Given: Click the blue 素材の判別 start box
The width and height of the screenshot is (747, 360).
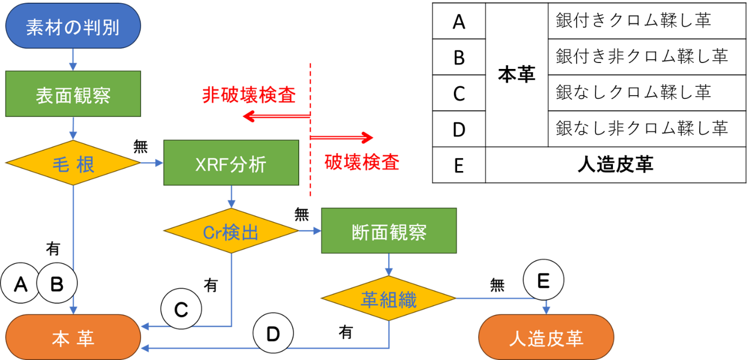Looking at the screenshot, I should pos(73,26).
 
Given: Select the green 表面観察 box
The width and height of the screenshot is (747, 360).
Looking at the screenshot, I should pos(73,96).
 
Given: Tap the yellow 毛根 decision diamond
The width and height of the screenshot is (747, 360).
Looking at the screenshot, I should pos(73,163).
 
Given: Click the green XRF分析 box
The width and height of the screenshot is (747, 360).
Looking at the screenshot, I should pos(231,163).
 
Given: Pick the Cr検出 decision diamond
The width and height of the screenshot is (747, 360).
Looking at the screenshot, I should pos(231,232).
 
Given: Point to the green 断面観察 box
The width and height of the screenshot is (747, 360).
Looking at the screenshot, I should pos(389,232).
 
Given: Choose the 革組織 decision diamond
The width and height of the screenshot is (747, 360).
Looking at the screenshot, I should pos(389,299).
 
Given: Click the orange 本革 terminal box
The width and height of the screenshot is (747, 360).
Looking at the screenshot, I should pos(73,338).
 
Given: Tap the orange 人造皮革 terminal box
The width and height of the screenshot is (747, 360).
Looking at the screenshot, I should pos(546,338).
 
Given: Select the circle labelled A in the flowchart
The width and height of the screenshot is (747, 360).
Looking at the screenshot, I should pos(20,283).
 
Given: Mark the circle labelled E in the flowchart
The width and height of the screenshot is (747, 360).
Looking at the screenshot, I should pos(543,280).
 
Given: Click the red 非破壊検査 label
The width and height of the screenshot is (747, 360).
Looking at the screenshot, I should pos(249,96).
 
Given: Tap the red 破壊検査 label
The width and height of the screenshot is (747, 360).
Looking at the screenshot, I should pos(362,162).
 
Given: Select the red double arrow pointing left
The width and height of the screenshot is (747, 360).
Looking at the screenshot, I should pos(276,116).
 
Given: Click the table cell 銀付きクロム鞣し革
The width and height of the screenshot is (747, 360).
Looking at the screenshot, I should pos(634,21).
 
